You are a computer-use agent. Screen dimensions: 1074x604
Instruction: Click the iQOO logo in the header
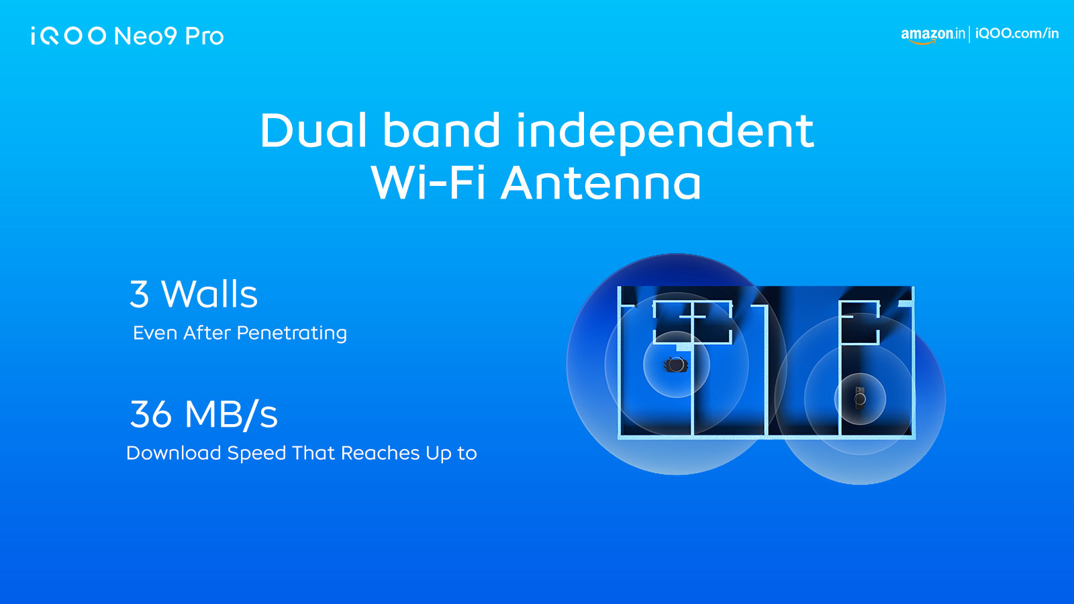[68, 36]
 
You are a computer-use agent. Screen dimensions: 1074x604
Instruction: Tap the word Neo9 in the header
[146, 36]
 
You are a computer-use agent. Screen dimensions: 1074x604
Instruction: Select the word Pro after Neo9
[204, 36]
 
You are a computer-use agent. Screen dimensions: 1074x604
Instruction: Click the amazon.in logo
[932, 35]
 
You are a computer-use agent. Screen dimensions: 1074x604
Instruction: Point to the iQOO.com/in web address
[1017, 34]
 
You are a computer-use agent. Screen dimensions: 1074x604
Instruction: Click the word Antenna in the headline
[601, 183]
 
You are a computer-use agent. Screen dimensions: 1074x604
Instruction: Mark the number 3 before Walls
[139, 294]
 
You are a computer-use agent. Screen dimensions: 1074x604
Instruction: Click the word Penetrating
[291, 333]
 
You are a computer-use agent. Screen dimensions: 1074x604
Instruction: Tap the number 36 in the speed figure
[150, 414]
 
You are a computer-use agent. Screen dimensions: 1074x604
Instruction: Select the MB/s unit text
[231, 414]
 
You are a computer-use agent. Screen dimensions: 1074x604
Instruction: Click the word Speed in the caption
[256, 454]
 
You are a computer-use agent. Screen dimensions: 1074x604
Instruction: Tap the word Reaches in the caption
[380, 453]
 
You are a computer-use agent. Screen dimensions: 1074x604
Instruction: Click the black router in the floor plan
[676, 365]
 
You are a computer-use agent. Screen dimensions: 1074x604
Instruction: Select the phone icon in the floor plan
[860, 399]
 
